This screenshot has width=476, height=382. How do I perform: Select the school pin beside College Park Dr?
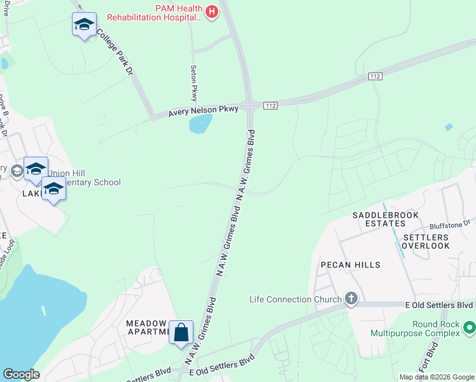click(x=84, y=25)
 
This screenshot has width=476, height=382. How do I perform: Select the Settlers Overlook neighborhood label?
click(x=421, y=241)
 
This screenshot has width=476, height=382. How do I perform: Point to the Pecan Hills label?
click(x=350, y=265)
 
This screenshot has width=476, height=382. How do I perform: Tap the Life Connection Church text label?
click(x=295, y=299)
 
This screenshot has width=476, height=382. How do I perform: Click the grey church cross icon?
click(x=351, y=298)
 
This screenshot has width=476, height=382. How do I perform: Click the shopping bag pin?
click(x=181, y=332)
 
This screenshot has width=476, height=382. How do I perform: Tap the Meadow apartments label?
click(x=147, y=327)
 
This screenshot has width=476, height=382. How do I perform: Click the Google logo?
click(x=21, y=374)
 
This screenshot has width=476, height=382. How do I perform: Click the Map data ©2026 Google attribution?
click(x=436, y=377)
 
